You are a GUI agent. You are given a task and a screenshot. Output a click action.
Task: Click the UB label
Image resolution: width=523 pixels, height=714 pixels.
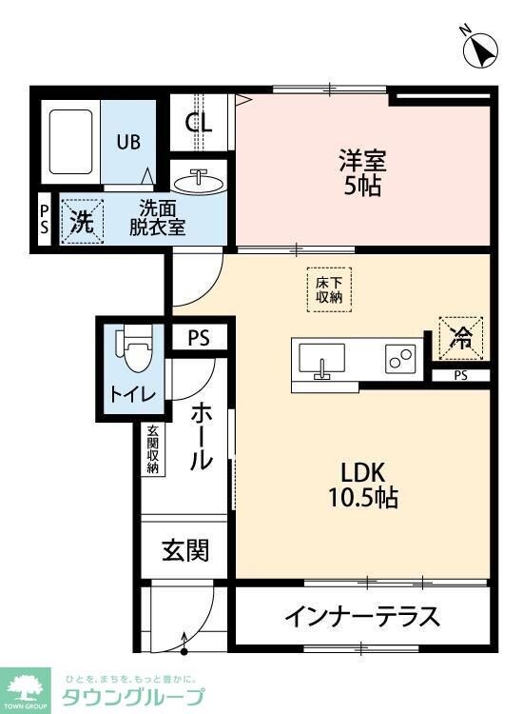(x=128, y=142)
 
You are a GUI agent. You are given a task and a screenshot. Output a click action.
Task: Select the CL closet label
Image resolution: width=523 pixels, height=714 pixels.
(x=199, y=122)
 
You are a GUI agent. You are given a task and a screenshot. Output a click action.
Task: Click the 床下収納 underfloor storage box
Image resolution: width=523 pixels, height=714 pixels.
(x=329, y=288)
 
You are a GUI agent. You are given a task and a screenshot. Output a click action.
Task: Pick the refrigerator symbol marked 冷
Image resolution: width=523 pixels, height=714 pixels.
(x=461, y=336)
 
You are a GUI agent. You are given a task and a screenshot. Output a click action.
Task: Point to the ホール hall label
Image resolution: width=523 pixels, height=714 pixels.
(x=201, y=437)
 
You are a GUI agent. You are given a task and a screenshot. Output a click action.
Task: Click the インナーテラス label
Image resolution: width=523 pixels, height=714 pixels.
(x=361, y=617)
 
